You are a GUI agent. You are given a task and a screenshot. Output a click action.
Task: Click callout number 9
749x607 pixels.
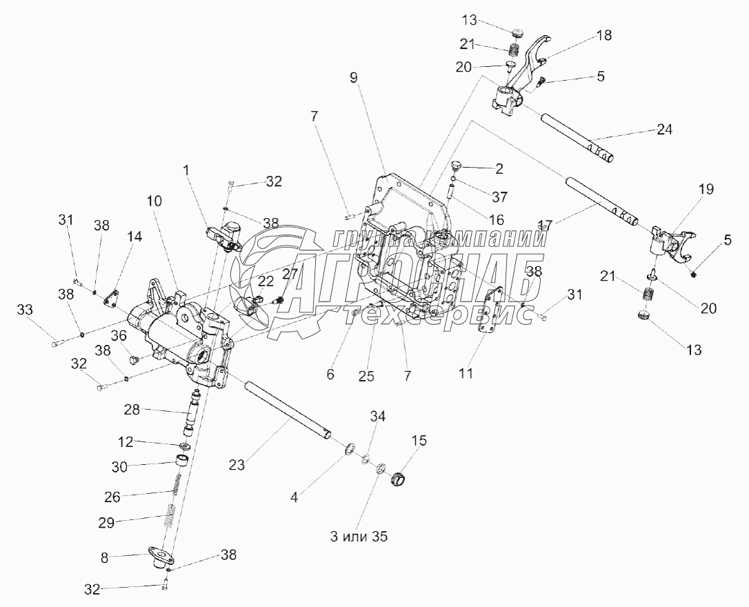tap(354, 78)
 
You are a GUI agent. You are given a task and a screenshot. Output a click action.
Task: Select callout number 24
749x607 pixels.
tap(663, 129)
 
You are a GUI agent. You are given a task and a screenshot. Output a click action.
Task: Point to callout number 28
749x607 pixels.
tap(131, 410)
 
